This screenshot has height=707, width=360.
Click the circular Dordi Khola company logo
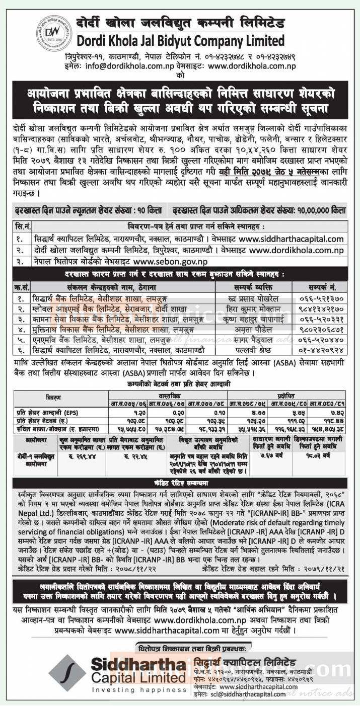54,33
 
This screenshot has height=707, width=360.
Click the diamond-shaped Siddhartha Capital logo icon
67,672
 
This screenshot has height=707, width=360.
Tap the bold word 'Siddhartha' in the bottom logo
138,664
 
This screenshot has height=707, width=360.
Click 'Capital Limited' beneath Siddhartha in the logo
138,678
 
